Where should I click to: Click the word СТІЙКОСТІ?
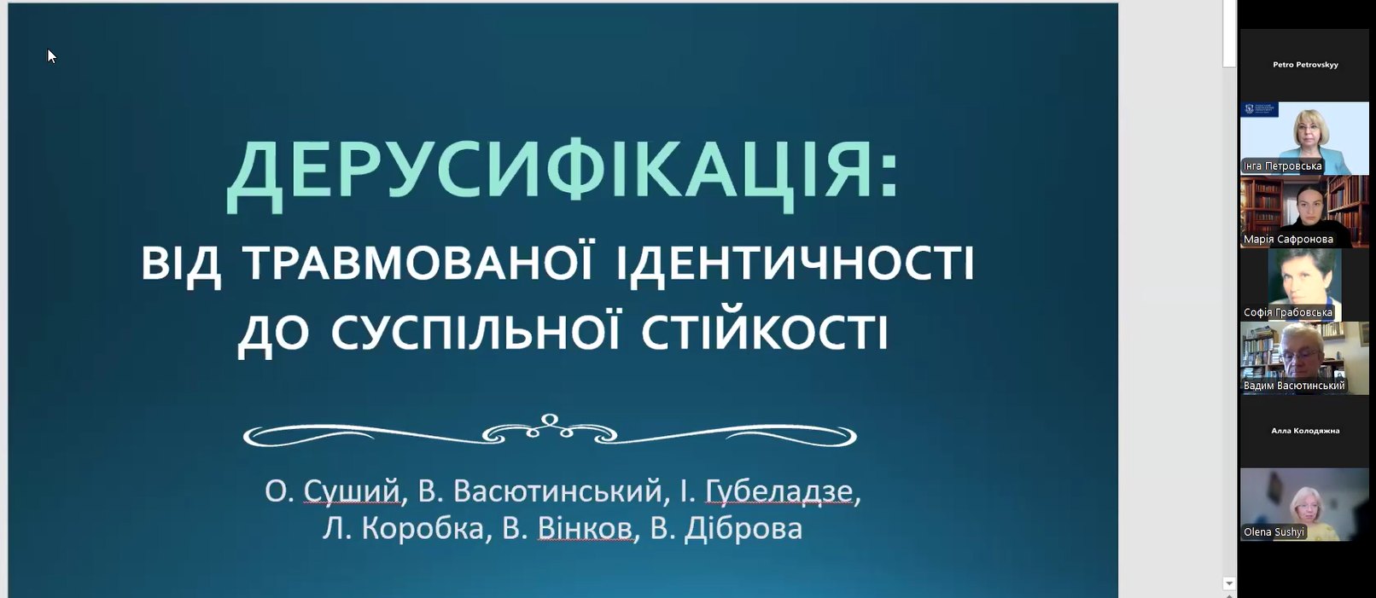point(764,332)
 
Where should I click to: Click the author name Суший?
point(352,491)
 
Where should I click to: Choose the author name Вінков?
point(585,529)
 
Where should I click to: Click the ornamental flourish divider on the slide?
point(550,431)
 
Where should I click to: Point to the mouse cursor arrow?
point(51,55)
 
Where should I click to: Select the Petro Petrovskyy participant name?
point(1305,65)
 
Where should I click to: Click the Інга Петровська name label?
point(1282,165)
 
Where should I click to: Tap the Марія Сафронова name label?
point(1288,239)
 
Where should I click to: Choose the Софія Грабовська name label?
point(1287,312)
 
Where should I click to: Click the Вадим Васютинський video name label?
point(1294,386)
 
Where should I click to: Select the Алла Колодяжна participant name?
point(1305,431)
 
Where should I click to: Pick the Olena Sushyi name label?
point(1274,531)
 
